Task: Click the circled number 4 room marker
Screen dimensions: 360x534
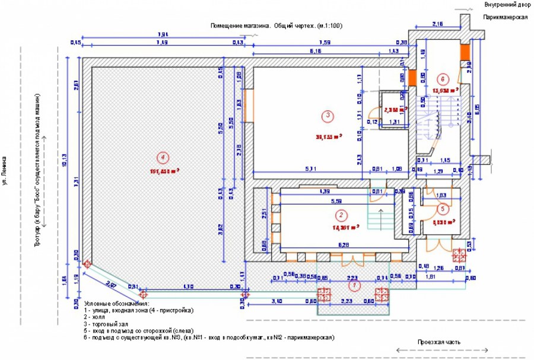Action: [161, 157]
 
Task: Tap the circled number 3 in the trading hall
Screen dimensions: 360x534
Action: [326, 114]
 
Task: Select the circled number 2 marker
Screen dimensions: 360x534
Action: [341, 215]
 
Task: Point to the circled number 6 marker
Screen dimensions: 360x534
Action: [441, 78]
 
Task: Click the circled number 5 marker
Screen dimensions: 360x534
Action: [442, 208]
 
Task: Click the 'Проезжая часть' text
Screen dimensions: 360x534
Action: [438, 342]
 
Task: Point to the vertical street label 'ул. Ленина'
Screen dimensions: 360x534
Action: [5, 171]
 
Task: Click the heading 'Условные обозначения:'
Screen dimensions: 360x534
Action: [117, 304]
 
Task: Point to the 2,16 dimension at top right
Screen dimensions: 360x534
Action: [438, 24]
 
